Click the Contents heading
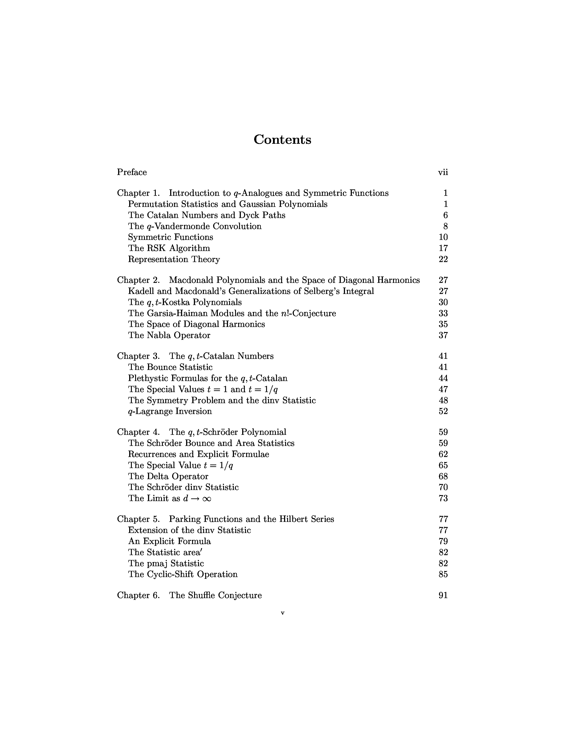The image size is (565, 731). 282,140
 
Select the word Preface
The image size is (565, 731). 132,172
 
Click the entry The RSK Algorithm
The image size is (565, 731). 169,248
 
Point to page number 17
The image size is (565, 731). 443,248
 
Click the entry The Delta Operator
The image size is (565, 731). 168,476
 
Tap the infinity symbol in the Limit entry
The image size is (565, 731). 207,498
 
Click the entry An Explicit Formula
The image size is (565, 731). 169,541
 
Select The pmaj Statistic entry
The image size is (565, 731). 166,563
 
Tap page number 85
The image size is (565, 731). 443,574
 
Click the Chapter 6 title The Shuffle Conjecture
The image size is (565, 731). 216,595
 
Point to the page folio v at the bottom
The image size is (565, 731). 282,613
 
